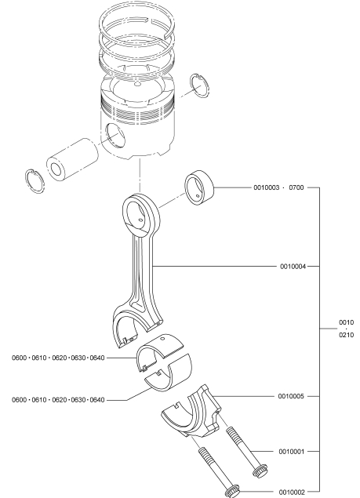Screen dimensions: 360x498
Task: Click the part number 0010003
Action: tap(266, 187)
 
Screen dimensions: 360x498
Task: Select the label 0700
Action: tap(296, 187)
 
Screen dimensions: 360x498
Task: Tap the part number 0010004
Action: tap(293, 267)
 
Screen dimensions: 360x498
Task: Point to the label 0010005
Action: tap(291, 396)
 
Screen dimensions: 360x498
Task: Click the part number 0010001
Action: tap(291, 451)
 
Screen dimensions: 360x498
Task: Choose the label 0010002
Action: tap(292, 493)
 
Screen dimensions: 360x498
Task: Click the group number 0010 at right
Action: tap(346, 322)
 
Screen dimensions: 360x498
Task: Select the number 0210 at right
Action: tap(346, 335)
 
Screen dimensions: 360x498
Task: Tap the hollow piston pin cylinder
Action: tap(72, 158)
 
